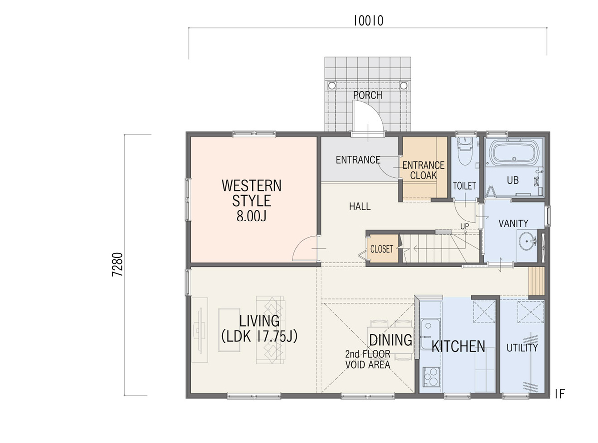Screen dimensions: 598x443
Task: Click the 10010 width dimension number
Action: tap(368, 21)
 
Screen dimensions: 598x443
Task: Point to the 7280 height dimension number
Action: tap(117, 264)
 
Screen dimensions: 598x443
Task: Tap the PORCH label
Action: tap(368, 95)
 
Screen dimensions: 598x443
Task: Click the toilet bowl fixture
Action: tap(465, 151)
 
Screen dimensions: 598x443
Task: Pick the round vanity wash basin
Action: tap(527, 240)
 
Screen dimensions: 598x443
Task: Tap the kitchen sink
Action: tap(430, 334)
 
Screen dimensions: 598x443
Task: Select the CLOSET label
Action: tap(382, 249)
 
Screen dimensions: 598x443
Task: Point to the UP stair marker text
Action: tap(465, 226)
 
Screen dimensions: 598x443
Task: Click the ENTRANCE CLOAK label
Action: tap(423, 170)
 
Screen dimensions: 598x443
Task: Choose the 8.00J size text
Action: tap(251, 216)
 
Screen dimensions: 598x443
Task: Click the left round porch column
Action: tap(332, 86)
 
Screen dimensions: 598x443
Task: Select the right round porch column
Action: tap(403, 86)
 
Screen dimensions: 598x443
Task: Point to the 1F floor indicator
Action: tap(560, 394)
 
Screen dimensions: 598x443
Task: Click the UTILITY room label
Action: tap(522, 348)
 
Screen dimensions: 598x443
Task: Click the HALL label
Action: tap(360, 207)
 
